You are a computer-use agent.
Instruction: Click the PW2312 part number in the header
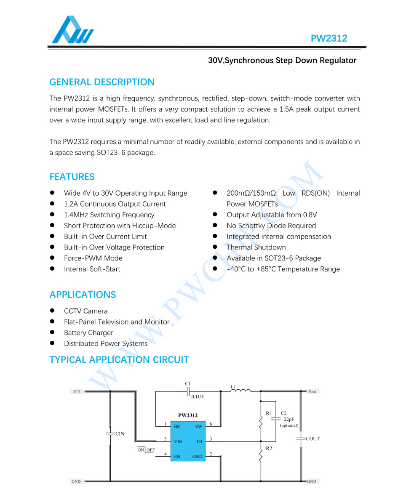[329, 38]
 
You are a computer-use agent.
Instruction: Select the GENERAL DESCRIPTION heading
[102, 82]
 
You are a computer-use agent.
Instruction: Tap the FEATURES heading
[72, 177]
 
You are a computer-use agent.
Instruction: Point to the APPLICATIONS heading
[83, 295]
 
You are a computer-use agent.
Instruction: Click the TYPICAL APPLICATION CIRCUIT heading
[119, 360]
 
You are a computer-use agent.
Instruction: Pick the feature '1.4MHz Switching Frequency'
[109, 215]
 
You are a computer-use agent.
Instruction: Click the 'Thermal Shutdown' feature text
[256, 247]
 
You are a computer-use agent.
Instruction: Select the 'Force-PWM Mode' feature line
[93, 258]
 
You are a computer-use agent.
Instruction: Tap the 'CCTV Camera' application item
[85, 311]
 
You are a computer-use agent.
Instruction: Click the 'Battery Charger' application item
[88, 333]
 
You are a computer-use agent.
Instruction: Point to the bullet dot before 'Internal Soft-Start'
[53, 269]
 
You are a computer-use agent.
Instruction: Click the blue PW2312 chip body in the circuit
[188, 441]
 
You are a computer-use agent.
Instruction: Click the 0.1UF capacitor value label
[198, 396]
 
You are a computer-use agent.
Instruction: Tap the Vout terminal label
[312, 391]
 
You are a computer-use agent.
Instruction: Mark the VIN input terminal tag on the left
[77, 391]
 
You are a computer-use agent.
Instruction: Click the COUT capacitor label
[313, 439]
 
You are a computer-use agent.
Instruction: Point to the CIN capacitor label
[120, 434]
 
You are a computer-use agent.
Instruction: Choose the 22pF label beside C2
[289, 419]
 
